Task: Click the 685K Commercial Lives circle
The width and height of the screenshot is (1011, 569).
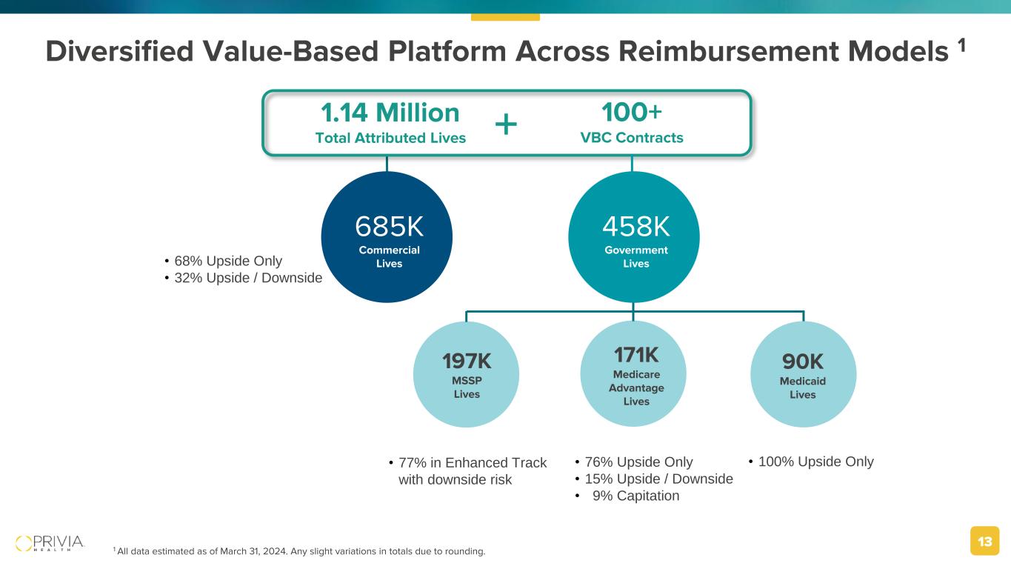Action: (x=387, y=237)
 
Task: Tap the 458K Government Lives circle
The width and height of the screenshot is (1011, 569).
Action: (x=634, y=237)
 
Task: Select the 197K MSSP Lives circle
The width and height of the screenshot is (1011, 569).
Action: (x=466, y=375)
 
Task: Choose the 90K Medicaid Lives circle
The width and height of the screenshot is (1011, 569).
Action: (x=803, y=375)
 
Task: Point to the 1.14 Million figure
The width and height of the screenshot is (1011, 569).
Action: (x=390, y=113)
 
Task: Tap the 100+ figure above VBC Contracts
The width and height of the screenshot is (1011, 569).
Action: (x=631, y=113)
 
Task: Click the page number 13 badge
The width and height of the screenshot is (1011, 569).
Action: (x=985, y=542)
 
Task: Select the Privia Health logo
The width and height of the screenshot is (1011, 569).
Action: (x=50, y=543)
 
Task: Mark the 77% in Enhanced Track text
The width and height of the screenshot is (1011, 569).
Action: (x=472, y=463)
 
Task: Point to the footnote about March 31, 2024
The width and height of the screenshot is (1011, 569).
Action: (x=300, y=551)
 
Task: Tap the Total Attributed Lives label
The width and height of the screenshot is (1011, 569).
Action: (x=390, y=138)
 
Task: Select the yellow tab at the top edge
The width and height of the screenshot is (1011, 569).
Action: (x=505, y=16)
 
